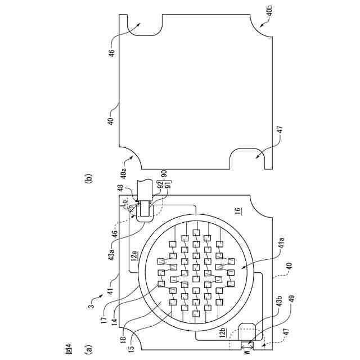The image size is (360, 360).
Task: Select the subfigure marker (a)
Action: (x=87, y=349)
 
